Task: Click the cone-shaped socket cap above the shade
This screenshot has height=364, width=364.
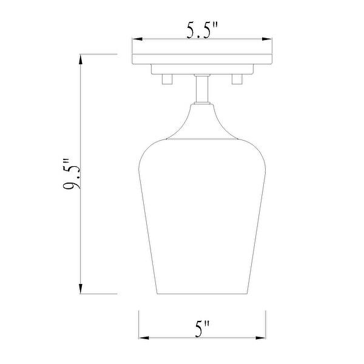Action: point(202,121)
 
